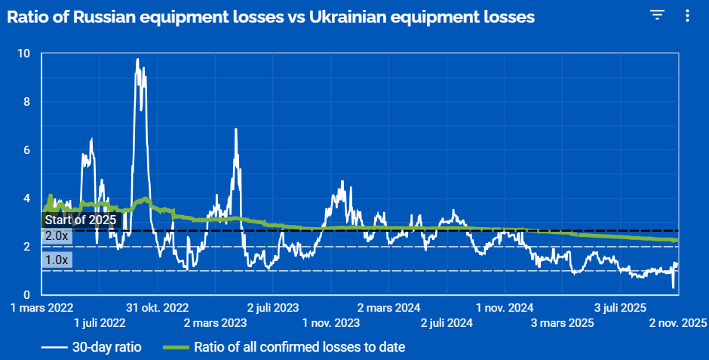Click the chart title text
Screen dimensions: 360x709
click(x=271, y=17)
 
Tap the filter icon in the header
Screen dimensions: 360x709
click(x=658, y=15)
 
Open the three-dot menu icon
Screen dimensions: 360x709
click(x=686, y=15)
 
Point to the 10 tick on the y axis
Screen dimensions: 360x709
click(x=24, y=54)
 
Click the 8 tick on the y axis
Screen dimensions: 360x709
click(x=26, y=102)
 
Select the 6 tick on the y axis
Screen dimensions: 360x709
click(x=26, y=150)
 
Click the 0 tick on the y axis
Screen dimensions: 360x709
click(x=26, y=294)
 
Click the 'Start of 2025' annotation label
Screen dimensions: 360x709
click(x=81, y=220)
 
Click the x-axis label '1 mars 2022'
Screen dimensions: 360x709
click(x=41, y=308)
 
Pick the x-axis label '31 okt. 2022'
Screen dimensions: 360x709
click(x=157, y=308)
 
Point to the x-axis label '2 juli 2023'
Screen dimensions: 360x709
click(x=272, y=308)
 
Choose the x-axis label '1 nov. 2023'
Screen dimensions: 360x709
click(x=330, y=323)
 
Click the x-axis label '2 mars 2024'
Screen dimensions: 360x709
click(x=388, y=308)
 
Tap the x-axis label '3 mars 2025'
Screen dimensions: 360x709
click(x=562, y=323)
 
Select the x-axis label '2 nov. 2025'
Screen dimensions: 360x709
click(x=677, y=323)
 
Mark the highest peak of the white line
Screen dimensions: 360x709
click(x=137, y=59)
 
